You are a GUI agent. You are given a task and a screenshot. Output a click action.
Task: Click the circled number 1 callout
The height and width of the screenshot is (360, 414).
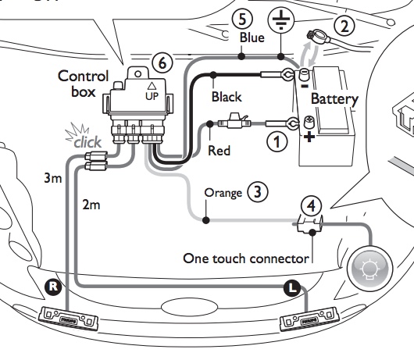coord(275,141)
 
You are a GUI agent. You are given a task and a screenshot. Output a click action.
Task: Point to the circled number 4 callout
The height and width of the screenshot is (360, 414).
coord(311,206)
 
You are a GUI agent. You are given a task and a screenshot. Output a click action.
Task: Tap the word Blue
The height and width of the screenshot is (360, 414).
coord(252,37)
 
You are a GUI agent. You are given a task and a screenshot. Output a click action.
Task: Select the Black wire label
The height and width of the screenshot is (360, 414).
coord(227,98)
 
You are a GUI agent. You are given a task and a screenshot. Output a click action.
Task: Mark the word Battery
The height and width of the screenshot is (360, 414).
coord(334,99)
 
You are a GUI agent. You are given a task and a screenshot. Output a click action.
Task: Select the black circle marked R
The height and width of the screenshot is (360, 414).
coord(53,287)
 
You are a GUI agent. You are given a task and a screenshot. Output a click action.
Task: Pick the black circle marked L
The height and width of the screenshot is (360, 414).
coord(291,287)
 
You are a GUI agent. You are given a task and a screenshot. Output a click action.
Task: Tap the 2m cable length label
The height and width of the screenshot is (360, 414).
coord(91,205)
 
